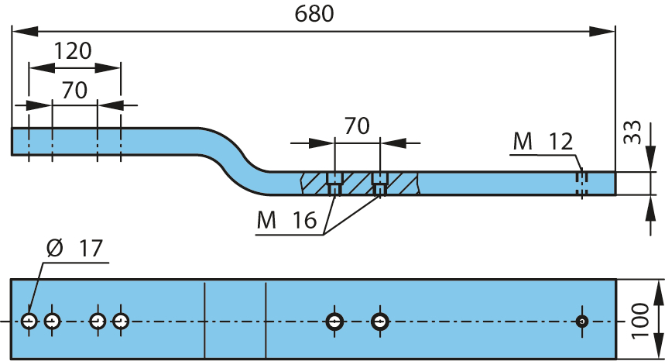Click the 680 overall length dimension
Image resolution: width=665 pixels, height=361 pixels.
314,14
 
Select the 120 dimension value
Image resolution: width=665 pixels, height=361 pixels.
73,51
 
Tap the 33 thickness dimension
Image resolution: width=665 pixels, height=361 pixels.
632,132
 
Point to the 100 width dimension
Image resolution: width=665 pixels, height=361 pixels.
640,321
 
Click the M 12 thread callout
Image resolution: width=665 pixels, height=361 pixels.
543,141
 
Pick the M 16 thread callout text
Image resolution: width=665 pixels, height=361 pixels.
286,220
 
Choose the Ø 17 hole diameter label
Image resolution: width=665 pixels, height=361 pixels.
74,248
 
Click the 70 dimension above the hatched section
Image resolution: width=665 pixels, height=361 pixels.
357,126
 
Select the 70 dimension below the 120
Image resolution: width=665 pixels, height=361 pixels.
74,90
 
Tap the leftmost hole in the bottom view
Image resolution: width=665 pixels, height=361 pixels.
29,321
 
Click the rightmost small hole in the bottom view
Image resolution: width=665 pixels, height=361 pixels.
582,321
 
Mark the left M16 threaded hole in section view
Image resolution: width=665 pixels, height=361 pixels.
334,184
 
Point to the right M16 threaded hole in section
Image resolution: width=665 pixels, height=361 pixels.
380,184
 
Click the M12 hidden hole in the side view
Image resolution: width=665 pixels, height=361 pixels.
582,184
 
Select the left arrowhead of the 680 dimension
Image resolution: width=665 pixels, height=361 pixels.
25,31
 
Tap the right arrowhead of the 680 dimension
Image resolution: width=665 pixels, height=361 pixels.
602,31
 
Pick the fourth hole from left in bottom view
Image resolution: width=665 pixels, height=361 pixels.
121,321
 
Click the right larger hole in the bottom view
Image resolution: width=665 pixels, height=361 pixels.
380,321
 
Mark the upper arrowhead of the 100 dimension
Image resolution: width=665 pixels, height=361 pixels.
659,292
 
